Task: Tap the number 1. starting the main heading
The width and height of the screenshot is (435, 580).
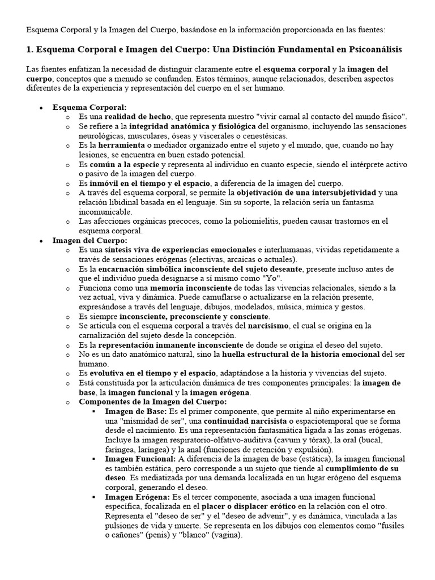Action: pyautogui.click(x=31, y=50)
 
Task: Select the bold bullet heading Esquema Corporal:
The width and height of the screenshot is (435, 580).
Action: pyautogui.click(x=89, y=107)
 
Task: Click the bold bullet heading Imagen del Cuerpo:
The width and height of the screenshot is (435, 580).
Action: pyautogui.click(x=90, y=241)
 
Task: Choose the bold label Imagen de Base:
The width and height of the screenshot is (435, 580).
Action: pyautogui.click(x=136, y=411)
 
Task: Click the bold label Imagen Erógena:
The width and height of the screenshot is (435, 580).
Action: pyautogui.click(x=138, y=497)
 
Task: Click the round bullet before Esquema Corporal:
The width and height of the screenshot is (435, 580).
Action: pyautogui.click(x=41, y=108)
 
